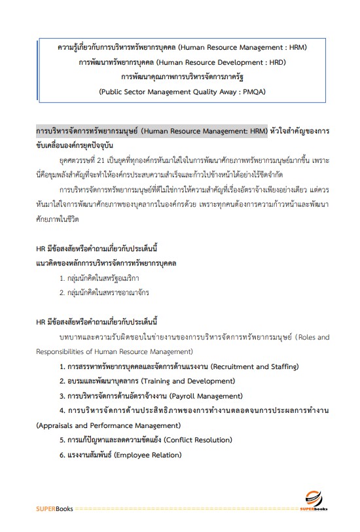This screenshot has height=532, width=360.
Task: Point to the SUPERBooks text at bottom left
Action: tap(55, 508)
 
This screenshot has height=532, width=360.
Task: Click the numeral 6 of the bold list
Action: tap(62, 455)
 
